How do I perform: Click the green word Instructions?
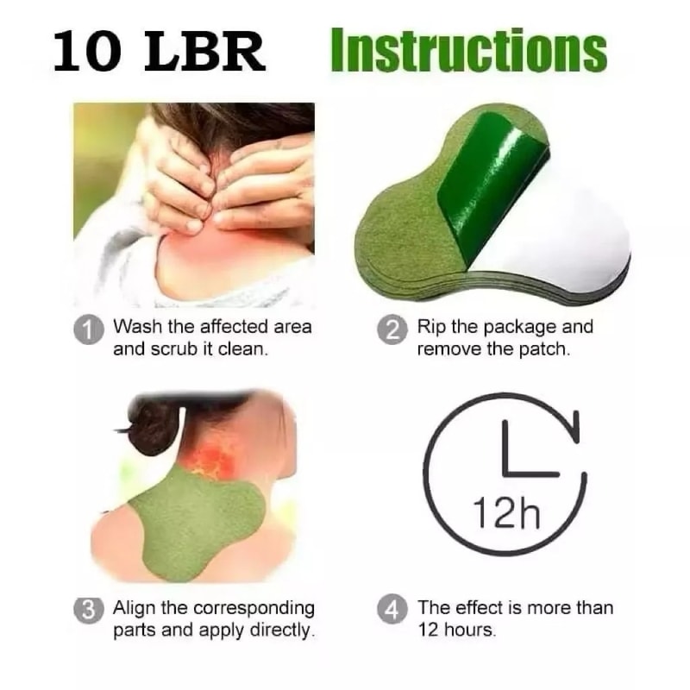(469, 51)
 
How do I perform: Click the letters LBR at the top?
(205, 52)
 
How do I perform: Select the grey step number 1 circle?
(89, 329)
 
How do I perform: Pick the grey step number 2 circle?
(392, 329)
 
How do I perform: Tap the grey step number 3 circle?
(89, 611)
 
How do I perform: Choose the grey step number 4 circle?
(392, 611)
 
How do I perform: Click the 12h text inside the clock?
(506, 513)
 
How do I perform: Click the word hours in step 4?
(469, 630)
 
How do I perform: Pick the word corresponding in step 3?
(254, 609)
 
